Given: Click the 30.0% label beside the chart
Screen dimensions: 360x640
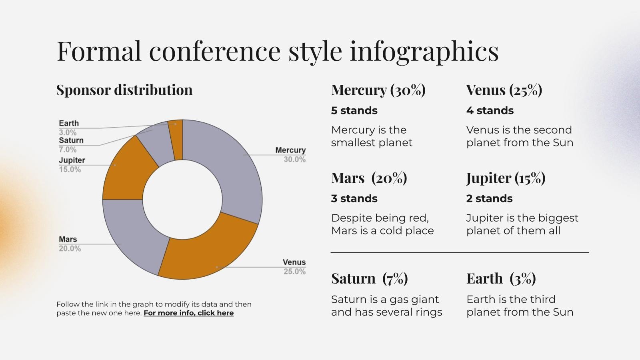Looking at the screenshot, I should coord(295,160).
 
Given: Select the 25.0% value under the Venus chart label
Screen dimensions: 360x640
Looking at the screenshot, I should coord(295,272).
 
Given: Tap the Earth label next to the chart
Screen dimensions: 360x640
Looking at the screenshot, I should coord(69,123).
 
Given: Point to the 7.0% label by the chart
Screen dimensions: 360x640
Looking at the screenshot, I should coord(68,150).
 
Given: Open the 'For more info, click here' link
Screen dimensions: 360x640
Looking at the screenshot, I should coord(188,313).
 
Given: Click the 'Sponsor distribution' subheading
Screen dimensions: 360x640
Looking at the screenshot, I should coord(124,90).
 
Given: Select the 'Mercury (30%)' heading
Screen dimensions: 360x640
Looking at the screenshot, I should coord(378,90).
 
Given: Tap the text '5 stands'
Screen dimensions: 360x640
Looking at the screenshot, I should coord(354,110).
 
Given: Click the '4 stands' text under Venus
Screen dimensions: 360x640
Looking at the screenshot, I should coord(490,110).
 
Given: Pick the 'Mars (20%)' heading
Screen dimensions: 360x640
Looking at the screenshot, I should coord(369,178).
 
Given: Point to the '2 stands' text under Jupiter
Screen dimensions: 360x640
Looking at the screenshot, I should coord(489,198).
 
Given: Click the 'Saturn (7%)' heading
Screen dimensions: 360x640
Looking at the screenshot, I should coord(369,278).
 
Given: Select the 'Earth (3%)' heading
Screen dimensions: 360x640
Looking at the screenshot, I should coord(501,278).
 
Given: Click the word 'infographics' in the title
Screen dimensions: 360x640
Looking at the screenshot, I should coord(424,51).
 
